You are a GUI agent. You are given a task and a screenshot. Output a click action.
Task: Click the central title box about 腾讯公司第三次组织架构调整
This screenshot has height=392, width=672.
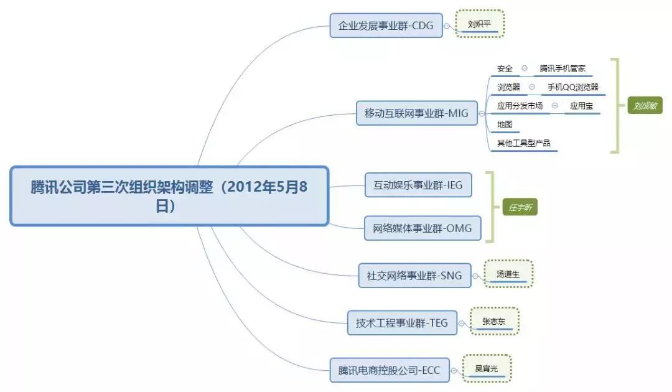pos(169,195)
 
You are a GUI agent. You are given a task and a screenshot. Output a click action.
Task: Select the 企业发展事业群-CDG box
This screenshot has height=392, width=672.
pos(386,26)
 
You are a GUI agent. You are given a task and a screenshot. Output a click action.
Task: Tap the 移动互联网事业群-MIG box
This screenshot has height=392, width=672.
pos(416,113)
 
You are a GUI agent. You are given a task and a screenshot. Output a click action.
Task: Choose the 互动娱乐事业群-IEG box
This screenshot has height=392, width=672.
pos(418,185)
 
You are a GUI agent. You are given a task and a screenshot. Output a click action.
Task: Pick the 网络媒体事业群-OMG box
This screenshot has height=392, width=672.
pos(422,228)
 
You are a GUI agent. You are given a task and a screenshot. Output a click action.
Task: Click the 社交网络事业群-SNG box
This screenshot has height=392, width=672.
pos(414,275)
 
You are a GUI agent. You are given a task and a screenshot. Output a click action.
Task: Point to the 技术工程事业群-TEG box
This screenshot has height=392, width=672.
pos(401,323)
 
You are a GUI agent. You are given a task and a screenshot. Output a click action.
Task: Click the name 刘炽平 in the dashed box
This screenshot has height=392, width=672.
pos(479,24)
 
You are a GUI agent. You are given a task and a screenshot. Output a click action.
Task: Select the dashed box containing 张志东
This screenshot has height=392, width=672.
pos(495,321)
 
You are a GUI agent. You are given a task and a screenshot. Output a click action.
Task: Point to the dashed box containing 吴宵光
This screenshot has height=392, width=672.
pos(487,368)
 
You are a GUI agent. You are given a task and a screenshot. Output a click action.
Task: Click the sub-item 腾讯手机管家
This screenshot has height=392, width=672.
pos(562,68)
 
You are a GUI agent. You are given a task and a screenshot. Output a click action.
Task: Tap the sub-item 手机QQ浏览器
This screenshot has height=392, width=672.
pos(572,87)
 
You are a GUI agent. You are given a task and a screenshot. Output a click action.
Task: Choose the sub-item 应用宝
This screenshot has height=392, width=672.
pos(581,106)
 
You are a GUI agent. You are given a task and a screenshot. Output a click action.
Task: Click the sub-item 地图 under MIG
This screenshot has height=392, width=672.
pos(505,124)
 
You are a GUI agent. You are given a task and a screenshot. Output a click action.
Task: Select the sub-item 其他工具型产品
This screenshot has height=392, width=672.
pos(523,143)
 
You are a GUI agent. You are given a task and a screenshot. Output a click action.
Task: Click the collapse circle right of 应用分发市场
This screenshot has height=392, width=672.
pos(554,106)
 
